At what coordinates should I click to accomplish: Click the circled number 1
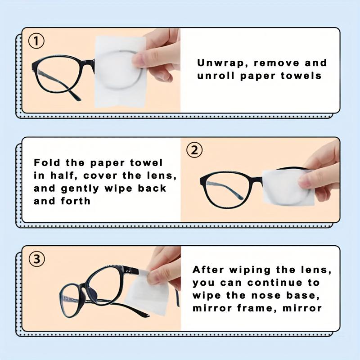pyautogui.click(x=37, y=41)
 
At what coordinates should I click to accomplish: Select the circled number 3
pyautogui.click(x=37, y=260)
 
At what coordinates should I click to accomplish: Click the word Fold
pyautogui.click(x=47, y=162)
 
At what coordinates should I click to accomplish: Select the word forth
pyautogui.click(x=75, y=201)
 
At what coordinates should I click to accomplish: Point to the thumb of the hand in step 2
pyautogui.click(x=317, y=180)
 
